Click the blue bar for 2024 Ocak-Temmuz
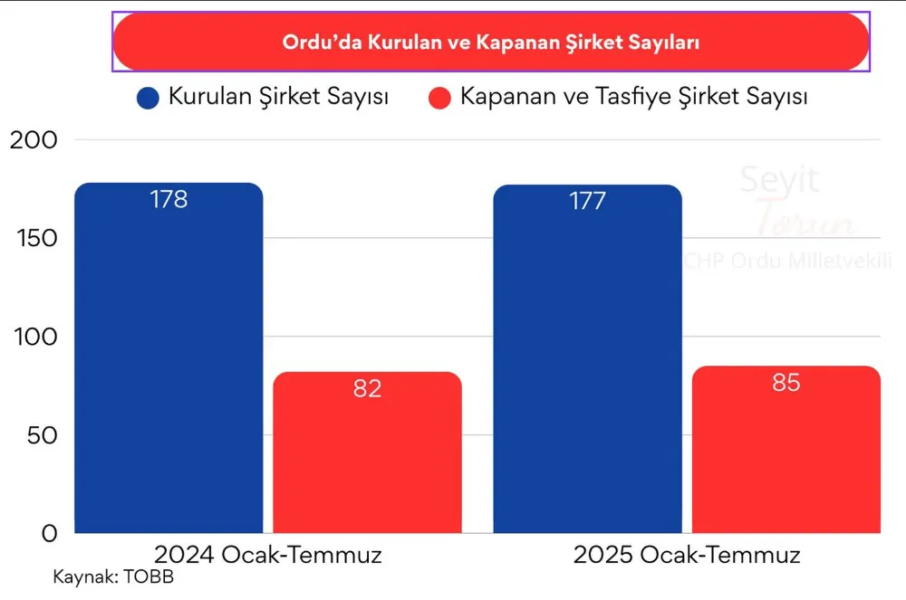169,362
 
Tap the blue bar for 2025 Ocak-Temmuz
587,362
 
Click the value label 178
169,200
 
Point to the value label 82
367,389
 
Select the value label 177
587,201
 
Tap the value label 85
786,383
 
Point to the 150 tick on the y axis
34,239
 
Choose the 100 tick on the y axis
34,337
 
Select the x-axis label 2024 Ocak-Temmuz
268,555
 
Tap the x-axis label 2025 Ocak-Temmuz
687,555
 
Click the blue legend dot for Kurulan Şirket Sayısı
148,98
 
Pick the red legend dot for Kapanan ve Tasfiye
440,98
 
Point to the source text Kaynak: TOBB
113,577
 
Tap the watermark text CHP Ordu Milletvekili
793,260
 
